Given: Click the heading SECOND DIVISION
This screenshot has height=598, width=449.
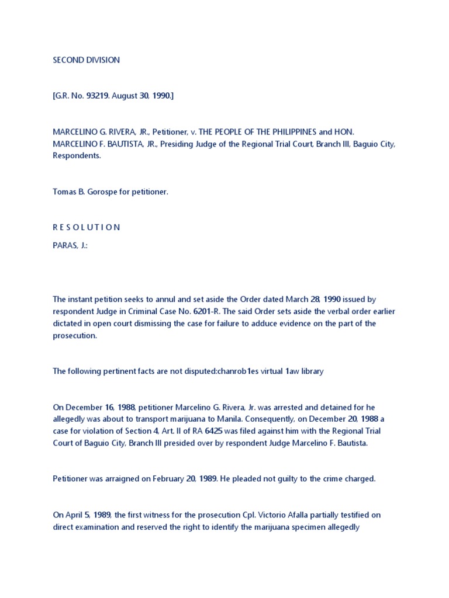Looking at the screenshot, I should pos(86,60).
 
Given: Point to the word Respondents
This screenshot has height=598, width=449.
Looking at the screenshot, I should pos(77,156).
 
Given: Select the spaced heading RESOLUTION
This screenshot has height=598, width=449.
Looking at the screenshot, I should pos(86,227).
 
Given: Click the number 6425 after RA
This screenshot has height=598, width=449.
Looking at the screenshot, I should pos(222,430).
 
